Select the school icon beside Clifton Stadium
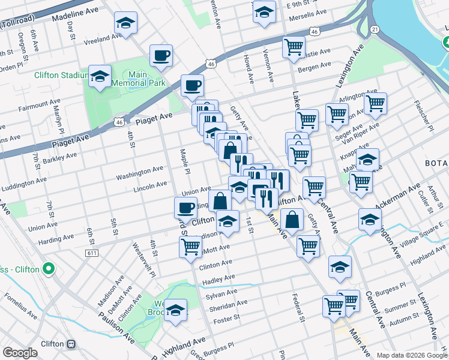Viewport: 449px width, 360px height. [100, 77]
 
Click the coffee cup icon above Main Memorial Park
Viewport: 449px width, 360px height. [161, 56]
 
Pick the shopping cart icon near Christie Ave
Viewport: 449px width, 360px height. [294, 47]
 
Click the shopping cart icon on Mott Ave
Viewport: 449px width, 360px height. [190, 246]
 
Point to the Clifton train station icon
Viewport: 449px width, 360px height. [71, 344]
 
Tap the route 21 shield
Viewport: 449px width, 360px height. [375, 29]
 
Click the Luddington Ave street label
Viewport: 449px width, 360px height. [24, 184]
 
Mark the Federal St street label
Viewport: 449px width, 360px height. [297, 307]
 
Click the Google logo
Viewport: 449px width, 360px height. [20, 353]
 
